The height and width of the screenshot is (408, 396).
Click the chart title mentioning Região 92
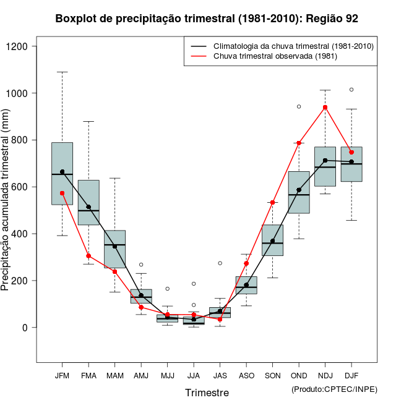pos(207,19)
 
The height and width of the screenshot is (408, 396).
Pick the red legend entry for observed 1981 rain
pos(275,56)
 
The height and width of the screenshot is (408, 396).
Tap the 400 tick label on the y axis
pos(21,234)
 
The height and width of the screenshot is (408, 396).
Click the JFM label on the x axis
pos(62,375)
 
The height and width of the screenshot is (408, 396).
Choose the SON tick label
pos(272,375)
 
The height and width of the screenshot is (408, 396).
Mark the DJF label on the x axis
pos(351,375)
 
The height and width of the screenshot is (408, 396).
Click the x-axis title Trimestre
pos(207,393)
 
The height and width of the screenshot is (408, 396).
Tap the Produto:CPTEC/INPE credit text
pos(334,389)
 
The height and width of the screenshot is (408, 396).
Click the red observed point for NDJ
pos(325,107)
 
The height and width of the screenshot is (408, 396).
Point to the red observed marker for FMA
pos(88,256)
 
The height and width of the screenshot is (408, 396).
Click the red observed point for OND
pos(299,143)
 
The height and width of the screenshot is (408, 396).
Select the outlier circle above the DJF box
pos(351,90)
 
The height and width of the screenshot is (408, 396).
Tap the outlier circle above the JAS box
pos(220,263)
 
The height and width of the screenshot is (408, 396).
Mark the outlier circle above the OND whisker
pos(299,106)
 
